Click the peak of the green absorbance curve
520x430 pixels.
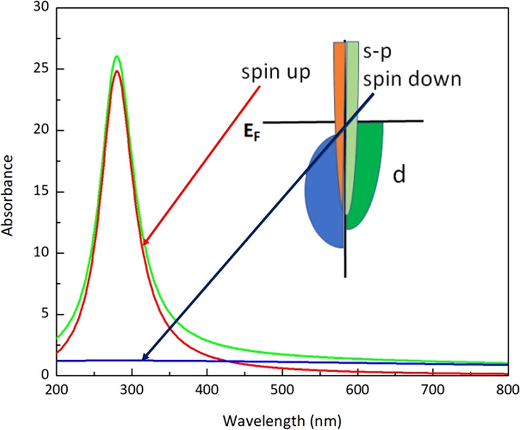coord(116,56)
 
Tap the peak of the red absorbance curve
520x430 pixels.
coord(116,71)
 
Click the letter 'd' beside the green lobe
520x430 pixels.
coord(399,175)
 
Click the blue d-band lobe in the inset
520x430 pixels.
coord(321,194)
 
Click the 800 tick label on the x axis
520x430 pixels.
coord(506,392)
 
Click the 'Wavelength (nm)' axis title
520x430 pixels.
coord(282,419)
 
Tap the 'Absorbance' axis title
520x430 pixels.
coord(8,194)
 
